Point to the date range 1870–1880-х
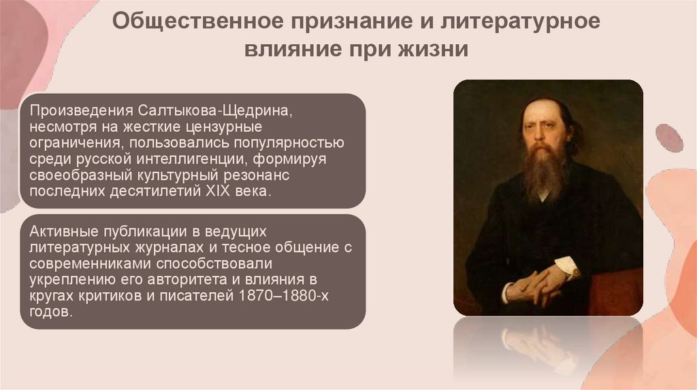pos(274,296)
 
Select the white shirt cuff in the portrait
pos(566,267)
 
